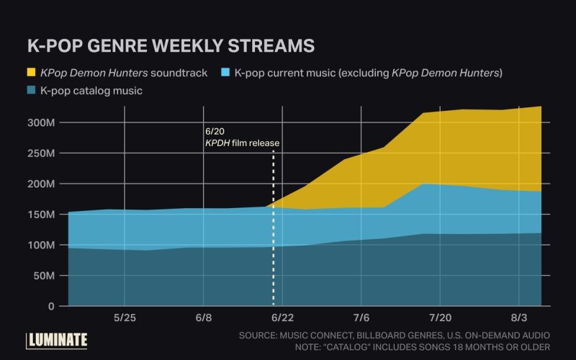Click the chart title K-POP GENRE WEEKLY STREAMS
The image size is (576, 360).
point(171,45)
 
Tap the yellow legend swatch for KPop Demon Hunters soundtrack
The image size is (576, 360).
point(32,73)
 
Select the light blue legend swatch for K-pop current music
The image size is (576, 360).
point(225,73)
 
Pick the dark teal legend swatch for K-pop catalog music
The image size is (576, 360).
point(32,91)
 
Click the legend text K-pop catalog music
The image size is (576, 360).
point(91,91)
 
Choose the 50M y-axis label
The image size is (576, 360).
point(41,276)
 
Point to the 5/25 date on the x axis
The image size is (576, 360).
point(125,318)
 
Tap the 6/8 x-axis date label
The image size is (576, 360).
point(204,318)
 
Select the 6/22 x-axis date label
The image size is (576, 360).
point(282,318)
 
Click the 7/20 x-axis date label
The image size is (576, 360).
point(440,318)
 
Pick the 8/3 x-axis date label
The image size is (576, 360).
point(518,318)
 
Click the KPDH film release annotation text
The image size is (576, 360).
point(242,143)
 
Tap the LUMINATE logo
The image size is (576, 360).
point(57,340)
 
